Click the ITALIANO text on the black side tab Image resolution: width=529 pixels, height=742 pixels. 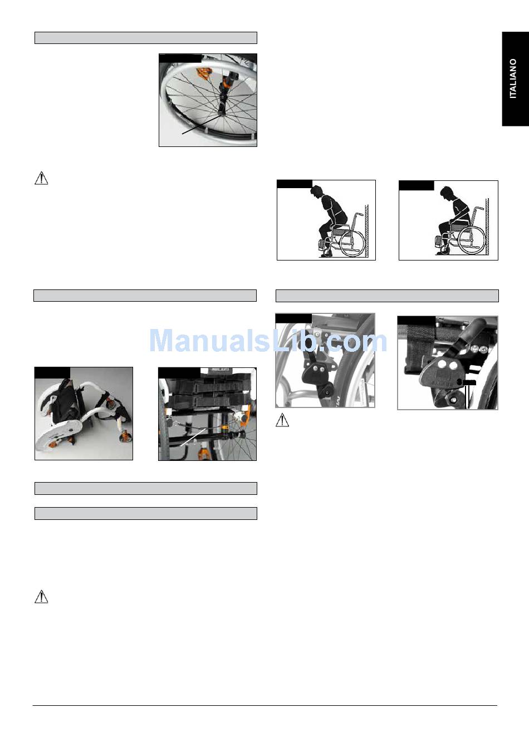click(513, 78)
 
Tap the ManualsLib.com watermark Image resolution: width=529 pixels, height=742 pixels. click(268, 341)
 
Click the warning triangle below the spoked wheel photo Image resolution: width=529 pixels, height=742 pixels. click(41, 178)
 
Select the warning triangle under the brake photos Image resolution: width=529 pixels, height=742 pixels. click(282, 420)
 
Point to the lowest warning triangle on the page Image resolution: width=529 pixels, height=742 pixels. click(41, 597)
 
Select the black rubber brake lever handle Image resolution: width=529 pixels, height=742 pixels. click(476, 328)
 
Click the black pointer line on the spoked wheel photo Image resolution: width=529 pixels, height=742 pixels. click(202, 125)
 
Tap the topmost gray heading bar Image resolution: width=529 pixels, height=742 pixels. click(146, 38)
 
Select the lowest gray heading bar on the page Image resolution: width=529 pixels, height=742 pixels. click(146, 513)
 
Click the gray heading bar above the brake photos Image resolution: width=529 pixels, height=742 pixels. click(387, 296)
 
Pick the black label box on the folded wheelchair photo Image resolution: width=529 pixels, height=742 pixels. click(52, 372)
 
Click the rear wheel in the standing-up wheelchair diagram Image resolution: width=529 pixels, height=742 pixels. click(352, 243)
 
